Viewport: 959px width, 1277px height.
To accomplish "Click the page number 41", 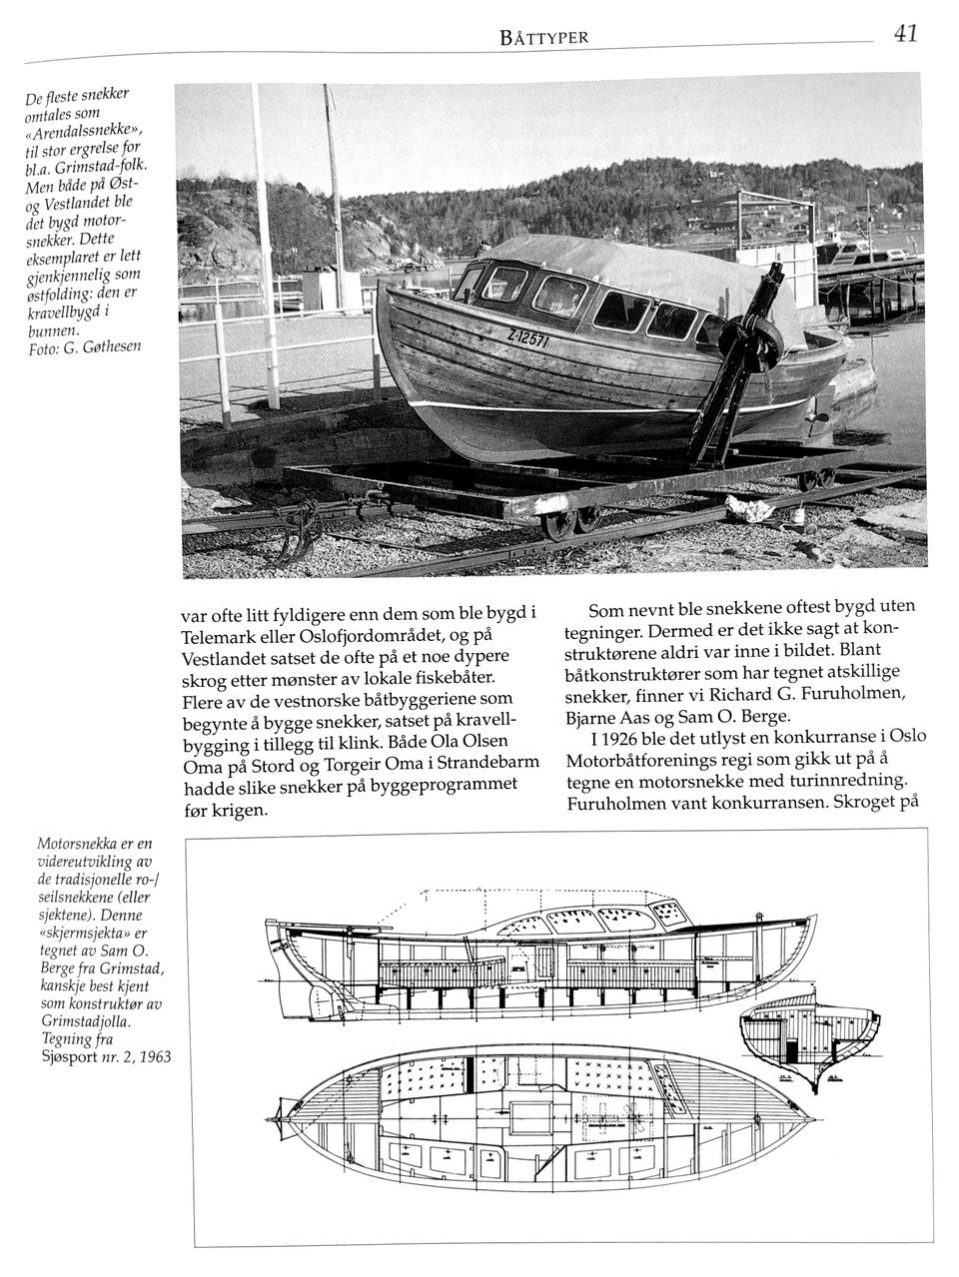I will [905, 34].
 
